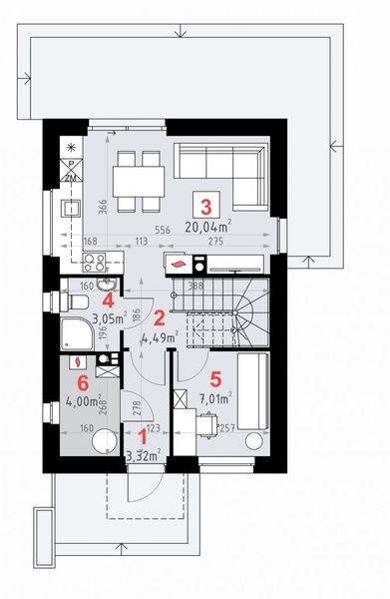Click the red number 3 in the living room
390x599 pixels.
click(x=206, y=208)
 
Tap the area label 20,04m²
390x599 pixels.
click(x=207, y=226)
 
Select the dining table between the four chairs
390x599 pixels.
click(x=137, y=181)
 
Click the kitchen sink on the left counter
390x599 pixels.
click(x=72, y=209)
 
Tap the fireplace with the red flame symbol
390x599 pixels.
click(x=178, y=265)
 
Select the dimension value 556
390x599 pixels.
click(x=161, y=230)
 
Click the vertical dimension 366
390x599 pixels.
click(x=102, y=204)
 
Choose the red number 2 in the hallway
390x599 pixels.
click(x=159, y=318)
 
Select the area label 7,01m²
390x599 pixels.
click(x=217, y=398)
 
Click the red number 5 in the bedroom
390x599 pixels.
click(x=216, y=379)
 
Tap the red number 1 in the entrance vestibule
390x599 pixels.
click(x=142, y=435)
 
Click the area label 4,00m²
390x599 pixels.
click(x=81, y=402)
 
